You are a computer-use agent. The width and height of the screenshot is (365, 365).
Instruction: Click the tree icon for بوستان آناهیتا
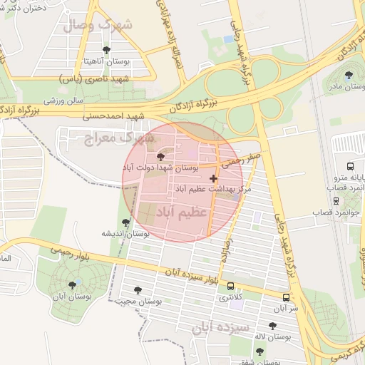tap(107, 50)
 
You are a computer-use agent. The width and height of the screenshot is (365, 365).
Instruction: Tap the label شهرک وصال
tap(97, 26)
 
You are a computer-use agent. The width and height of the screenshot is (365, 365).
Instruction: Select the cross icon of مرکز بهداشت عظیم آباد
tap(213, 178)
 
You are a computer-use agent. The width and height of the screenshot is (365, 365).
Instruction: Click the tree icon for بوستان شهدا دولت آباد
tap(159, 155)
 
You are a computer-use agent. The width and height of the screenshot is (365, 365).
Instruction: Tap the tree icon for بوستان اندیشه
tap(126, 222)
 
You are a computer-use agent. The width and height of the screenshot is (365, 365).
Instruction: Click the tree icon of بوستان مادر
tap(349, 75)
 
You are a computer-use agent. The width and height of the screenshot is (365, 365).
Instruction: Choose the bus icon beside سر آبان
tap(286, 297)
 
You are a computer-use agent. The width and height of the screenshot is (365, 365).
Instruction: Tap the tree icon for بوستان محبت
tap(138, 290)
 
